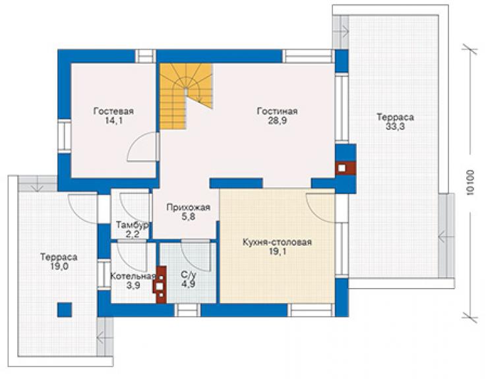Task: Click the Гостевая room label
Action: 113,111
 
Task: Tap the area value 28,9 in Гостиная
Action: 277,121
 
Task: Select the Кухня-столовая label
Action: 277,242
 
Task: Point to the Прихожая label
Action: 189,207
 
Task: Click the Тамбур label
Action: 133,225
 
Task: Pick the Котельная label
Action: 133,276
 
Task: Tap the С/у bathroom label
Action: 189,275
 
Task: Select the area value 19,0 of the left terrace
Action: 59,267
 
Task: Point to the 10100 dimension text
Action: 470,183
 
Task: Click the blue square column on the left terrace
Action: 65,310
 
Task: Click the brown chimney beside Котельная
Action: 160,284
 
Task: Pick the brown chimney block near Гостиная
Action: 345,168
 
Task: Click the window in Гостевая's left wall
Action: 65,136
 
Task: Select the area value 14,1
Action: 113,121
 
